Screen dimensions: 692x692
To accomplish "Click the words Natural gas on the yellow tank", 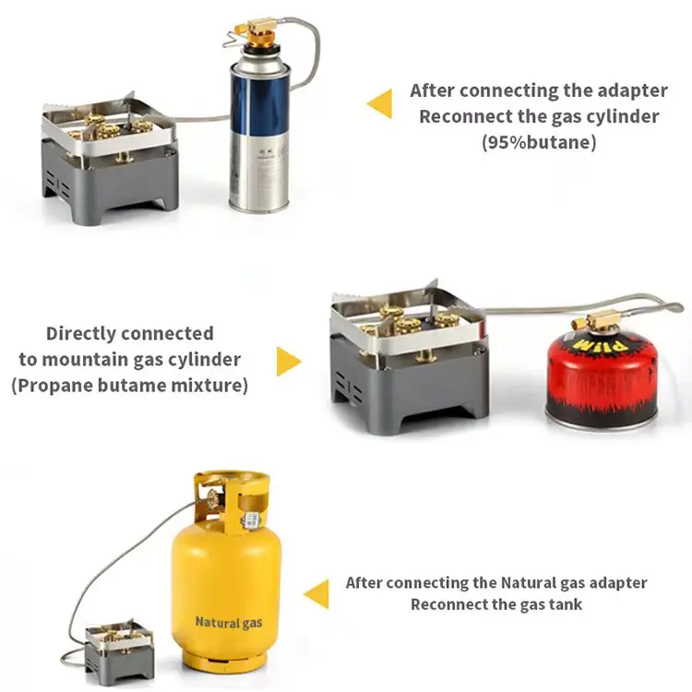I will click(x=228, y=623).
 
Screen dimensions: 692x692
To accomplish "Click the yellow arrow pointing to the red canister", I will click(x=289, y=361).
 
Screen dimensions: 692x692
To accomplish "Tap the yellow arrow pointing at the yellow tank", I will click(x=316, y=594).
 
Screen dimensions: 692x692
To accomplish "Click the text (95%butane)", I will click(x=539, y=143).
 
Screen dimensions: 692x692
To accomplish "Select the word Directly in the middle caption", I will click(x=82, y=333).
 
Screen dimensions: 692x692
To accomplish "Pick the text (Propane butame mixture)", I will click(x=129, y=386).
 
